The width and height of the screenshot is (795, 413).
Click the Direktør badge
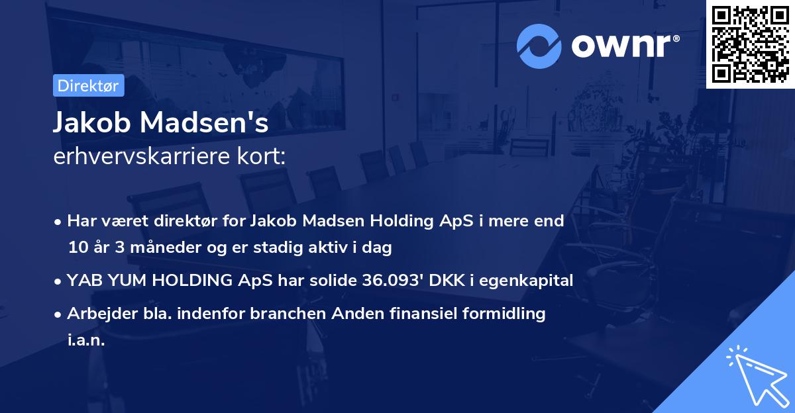[88, 85]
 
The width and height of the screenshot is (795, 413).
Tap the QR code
[749, 44]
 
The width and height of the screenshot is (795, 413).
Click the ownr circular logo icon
[539, 46]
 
